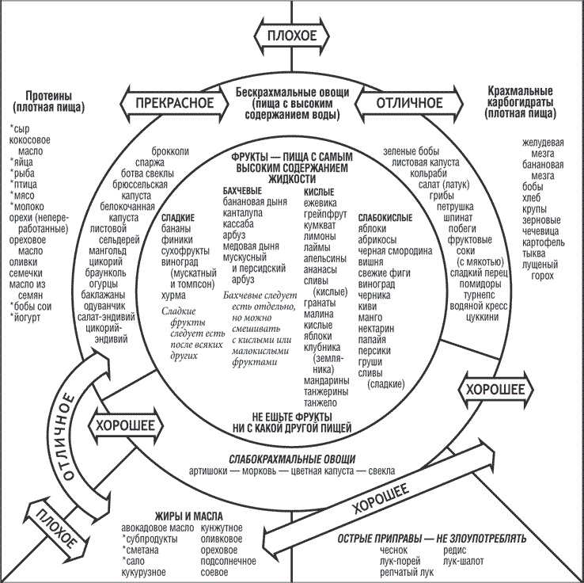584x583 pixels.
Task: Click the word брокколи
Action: coord(170,151)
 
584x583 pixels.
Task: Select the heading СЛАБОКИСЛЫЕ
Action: coord(385,215)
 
